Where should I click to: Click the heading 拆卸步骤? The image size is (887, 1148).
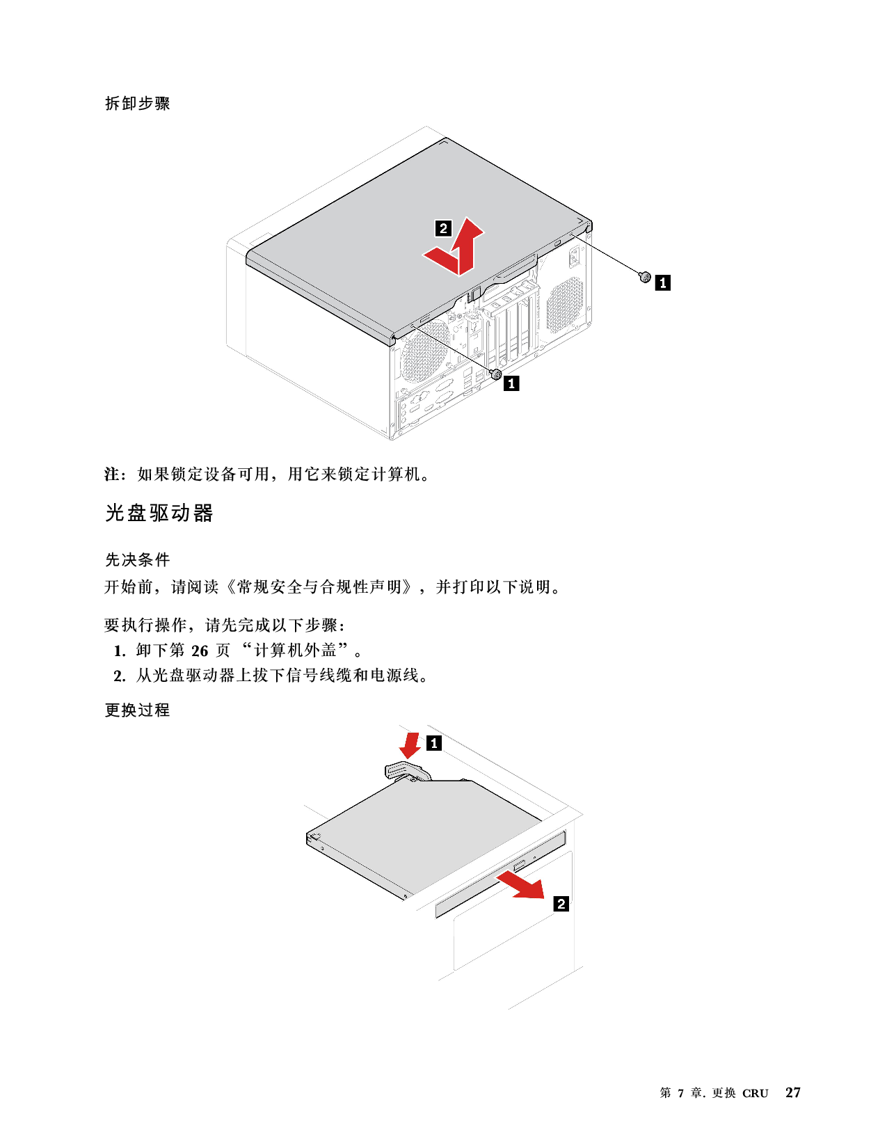137,103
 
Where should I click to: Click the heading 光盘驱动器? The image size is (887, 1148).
159,513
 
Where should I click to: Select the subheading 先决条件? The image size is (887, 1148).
137,559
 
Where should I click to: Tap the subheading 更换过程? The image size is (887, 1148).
137,710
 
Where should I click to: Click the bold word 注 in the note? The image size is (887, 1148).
112,474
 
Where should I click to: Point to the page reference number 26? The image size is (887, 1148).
200,651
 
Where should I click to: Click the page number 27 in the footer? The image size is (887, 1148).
792,1092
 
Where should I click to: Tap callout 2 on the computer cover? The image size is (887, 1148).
442,228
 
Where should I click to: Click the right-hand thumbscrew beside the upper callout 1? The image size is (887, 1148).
644,277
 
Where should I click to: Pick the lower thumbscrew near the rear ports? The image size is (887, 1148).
495,374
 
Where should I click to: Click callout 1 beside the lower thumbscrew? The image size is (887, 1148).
511,383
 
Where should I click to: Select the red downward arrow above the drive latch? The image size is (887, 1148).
410,745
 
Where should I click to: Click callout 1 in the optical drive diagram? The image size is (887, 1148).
433,743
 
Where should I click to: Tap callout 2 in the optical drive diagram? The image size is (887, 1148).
561,904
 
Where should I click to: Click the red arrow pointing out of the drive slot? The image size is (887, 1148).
522,886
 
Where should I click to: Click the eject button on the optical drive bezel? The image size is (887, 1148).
519,866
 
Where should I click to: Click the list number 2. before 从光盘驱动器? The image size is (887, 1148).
120,676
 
